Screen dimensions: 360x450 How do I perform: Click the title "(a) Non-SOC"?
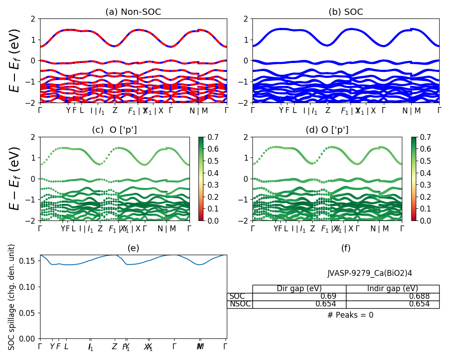click(133, 12)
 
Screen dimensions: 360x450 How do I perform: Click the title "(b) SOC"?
click(346, 12)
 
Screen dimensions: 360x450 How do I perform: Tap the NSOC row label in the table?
click(239, 304)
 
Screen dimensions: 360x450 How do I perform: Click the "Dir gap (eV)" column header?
click(299, 289)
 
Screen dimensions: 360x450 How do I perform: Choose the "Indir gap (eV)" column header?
click(392, 289)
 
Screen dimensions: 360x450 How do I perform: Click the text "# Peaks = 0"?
click(350, 315)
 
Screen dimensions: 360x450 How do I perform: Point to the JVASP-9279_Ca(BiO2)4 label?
click(369, 273)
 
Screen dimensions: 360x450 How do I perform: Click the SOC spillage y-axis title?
click(12, 297)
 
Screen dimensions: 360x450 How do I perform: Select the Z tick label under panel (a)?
click(115, 111)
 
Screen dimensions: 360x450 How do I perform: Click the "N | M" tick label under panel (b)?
click(411, 111)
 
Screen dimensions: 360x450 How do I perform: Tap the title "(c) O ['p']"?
click(114, 130)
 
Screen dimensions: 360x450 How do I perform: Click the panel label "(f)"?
click(346, 248)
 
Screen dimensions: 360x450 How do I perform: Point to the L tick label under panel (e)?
click(66, 346)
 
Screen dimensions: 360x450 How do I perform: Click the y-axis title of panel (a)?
click(15, 61)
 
